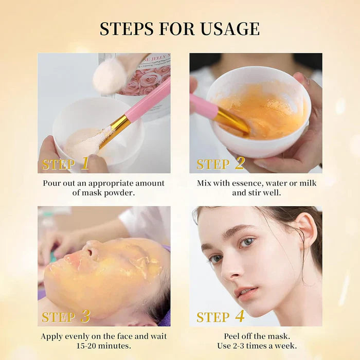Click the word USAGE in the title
tap(230, 29)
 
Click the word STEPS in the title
tap(127, 29)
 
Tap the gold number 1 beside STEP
tap(85, 163)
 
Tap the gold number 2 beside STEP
tap(240, 163)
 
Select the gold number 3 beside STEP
tap(85, 316)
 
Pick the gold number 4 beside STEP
tap(240, 316)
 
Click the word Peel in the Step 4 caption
tap(232, 336)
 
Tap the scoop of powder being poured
tap(110, 77)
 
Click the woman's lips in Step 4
tap(246, 292)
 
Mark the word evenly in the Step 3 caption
tap(77, 336)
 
